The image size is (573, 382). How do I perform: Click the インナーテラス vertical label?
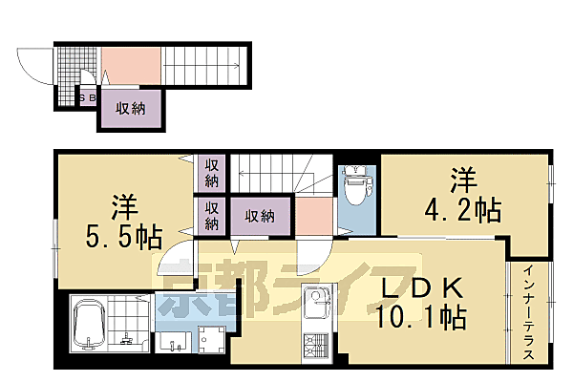[527, 311]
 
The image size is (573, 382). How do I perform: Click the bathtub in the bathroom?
[87, 327]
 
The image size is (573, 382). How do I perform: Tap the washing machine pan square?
[211, 340]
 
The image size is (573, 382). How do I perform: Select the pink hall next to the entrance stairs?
[130, 65]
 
